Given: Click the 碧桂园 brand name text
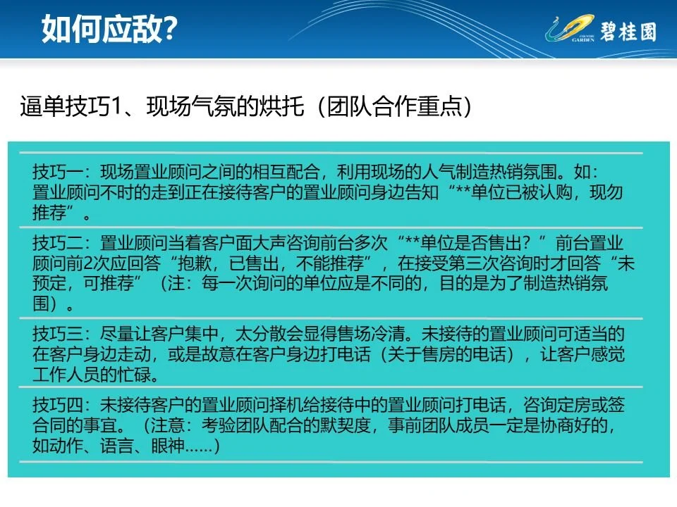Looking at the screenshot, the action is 628,32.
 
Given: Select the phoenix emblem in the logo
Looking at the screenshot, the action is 569,28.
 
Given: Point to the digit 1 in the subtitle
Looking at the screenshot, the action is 115,106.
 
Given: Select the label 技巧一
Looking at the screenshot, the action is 58,172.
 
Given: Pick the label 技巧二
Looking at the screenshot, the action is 58,244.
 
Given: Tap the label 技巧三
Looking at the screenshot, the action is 58,334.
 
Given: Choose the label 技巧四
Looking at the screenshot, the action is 58,406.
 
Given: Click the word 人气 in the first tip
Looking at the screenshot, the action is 439,172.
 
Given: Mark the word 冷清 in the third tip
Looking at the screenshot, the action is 388,334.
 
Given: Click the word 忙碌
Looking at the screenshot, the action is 134,374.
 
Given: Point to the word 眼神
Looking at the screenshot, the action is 168,445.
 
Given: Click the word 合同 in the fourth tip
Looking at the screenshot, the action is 49,425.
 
